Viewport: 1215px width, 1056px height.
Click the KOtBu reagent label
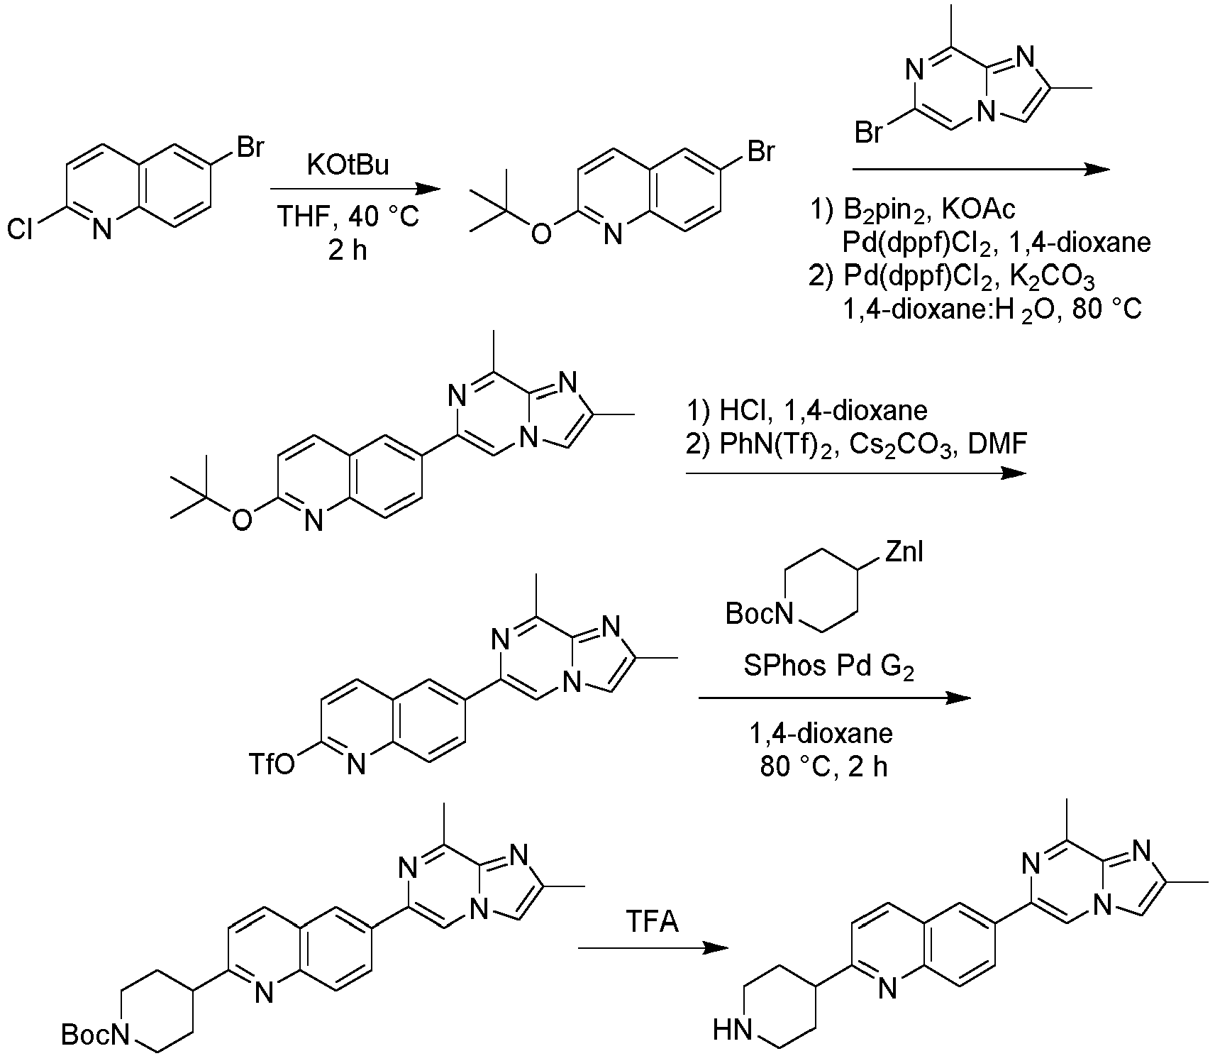coord(348,166)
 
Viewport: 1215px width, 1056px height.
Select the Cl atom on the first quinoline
coord(20,229)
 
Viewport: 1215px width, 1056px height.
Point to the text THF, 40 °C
coord(348,215)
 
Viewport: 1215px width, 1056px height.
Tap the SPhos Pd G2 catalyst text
coord(829,666)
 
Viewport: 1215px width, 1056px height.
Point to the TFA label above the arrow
coord(653,922)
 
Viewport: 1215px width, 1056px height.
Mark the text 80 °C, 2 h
coord(823,767)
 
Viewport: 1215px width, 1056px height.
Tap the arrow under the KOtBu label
coord(355,189)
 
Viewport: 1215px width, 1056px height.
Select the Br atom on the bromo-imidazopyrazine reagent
coord(870,132)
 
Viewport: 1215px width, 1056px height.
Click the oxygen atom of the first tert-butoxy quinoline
coord(541,233)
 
